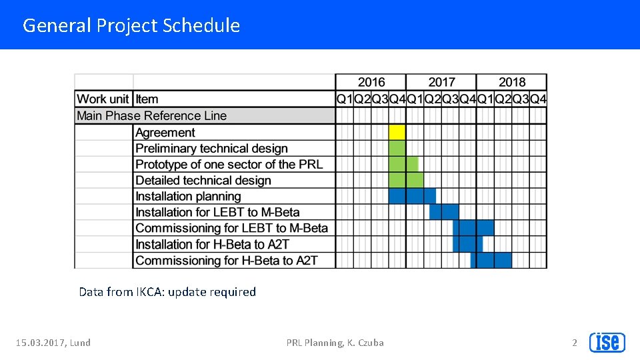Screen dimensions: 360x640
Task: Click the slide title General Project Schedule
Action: coord(131,25)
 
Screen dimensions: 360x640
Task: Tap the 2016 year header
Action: coord(371,82)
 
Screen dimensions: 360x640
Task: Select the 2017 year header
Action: coord(441,82)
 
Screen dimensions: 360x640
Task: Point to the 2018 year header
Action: coord(511,82)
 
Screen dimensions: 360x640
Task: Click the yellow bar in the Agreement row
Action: coord(397,132)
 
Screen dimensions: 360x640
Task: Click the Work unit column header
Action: coord(103,99)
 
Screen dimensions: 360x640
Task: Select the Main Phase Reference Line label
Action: coord(151,115)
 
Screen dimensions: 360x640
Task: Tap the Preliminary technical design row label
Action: coord(211,148)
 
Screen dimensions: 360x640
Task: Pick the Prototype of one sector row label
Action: coord(229,164)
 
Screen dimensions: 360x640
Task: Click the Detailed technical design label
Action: coord(203,180)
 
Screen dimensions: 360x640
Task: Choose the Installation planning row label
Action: coord(188,196)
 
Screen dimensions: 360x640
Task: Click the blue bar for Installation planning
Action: coord(412,196)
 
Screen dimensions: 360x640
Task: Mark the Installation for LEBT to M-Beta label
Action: coord(217,212)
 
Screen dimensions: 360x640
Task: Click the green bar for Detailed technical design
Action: coord(405,180)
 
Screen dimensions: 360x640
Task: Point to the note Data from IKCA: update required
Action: coord(167,291)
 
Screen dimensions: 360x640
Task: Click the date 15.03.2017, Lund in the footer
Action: coord(53,343)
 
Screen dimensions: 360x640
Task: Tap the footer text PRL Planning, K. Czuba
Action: coord(335,343)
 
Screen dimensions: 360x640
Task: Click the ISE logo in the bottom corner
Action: coord(607,342)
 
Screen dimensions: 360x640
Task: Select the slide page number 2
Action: coord(575,343)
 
